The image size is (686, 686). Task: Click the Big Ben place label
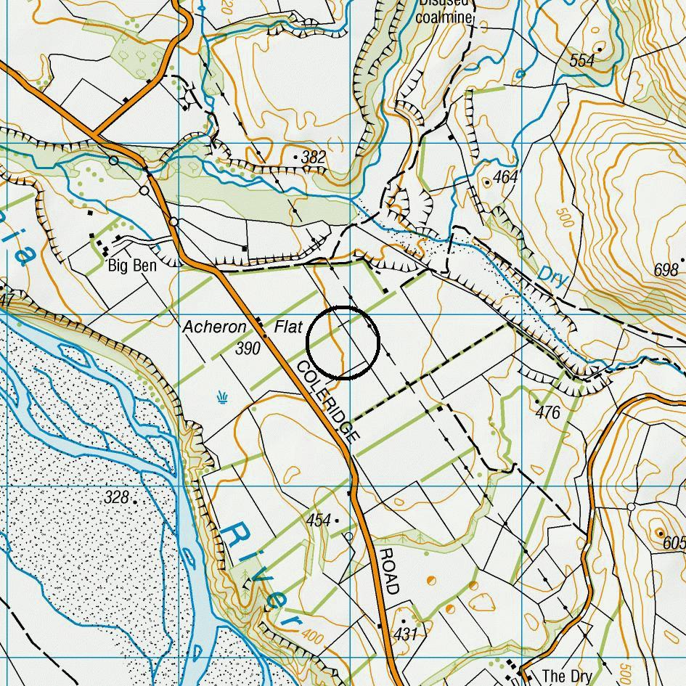pos(131,266)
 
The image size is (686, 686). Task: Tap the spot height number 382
pos(313,158)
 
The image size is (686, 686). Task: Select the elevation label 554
pos(583,61)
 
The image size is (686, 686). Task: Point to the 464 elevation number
pos(505,177)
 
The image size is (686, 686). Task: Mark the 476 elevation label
pos(548,412)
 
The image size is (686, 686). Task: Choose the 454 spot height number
pos(319,520)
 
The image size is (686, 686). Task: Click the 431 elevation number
pos(406,634)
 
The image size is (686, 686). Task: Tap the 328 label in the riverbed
pos(116,497)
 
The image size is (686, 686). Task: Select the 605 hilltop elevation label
pos(673,542)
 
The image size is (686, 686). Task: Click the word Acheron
pos(214,327)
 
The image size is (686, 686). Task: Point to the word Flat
pos(287,327)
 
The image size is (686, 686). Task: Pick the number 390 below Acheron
pos(248,349)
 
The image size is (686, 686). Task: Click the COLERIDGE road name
pos(327,399)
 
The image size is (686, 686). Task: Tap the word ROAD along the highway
pos(388,571)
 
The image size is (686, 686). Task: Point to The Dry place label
pos(567,676)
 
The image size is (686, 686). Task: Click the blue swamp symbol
pos(221,396)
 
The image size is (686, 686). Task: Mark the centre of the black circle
pos(343,343)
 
